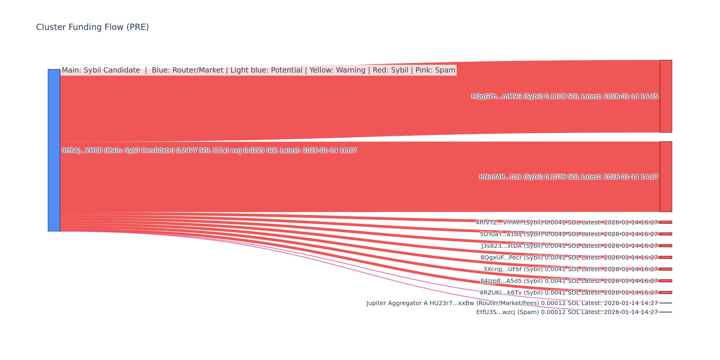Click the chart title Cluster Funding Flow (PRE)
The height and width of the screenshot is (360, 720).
coord(92,27)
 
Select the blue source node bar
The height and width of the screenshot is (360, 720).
coord(54,150)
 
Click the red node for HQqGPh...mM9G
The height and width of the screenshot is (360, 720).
coord(666,96)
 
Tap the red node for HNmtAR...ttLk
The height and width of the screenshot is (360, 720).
coord(666,176)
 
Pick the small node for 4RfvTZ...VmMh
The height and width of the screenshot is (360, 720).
coord(666,222)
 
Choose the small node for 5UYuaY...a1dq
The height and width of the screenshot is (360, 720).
coord(666,234)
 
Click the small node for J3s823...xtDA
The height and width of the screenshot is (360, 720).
coord(666,246)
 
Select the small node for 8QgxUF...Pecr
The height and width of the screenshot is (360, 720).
coord(666,257)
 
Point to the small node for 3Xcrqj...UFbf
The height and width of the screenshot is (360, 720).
coord(666,269)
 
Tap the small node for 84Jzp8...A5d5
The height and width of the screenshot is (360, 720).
coord(666,281)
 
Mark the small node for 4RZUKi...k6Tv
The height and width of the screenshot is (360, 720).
coord(666,292)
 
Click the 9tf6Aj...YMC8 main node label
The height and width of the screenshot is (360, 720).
coord(209,151)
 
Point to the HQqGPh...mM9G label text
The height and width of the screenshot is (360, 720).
coord(564,97)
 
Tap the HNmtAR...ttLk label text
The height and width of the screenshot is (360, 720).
coord(568,177)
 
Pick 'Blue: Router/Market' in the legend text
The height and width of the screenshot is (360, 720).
coord(187,70)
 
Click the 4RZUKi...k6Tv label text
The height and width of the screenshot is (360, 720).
coord(568,293)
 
